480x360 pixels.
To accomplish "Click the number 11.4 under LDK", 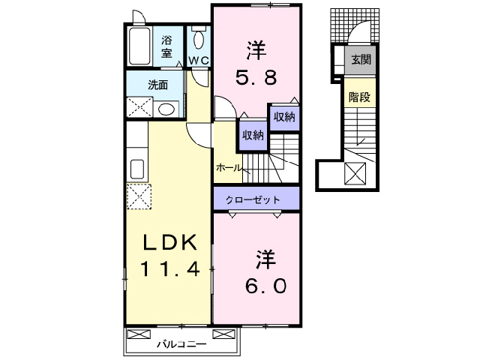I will point(172,268).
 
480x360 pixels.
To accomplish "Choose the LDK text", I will point(171,242).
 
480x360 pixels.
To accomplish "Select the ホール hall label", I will point(228,168).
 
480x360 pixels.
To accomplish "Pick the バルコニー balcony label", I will point(182,345).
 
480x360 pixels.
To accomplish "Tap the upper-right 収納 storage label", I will point(283,116).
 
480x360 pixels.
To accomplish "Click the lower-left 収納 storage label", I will point(253,135).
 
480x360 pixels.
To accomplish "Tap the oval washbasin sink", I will point(166,109).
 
